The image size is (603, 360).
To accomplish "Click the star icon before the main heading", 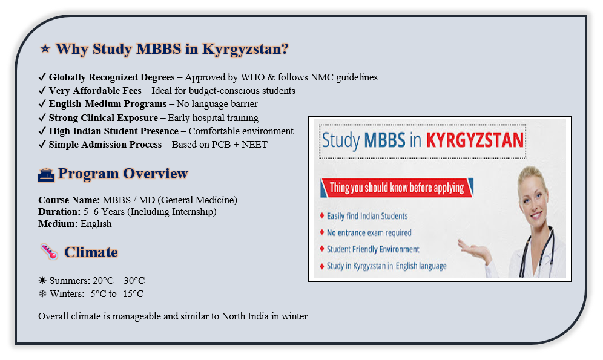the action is [x=45, y=49].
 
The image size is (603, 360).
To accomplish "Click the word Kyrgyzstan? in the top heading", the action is [x=245, y=49].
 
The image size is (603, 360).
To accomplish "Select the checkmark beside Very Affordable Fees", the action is [x=42, y=91].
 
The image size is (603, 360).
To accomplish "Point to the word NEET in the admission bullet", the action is [x=254, y=145].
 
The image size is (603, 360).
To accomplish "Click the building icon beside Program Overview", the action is [x=46, y=175].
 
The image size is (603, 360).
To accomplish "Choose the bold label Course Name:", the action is [x=69, y=200].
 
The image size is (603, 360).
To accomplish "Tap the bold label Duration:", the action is [x=59, y=212].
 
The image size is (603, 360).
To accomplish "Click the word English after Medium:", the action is [x=96, y=224].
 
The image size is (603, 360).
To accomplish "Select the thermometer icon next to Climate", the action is [x=49, y=252].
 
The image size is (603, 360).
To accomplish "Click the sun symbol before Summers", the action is [x=42, y=280].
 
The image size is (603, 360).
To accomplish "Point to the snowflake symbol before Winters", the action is [x=42, y=293].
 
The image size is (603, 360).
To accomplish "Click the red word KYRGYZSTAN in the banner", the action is [x=475, y=140].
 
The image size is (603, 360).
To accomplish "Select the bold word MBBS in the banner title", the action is [x=384, y=140].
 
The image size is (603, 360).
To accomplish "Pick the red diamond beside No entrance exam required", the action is [x=322, y=232].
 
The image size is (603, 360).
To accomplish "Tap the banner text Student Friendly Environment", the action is [x=373, y=249].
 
